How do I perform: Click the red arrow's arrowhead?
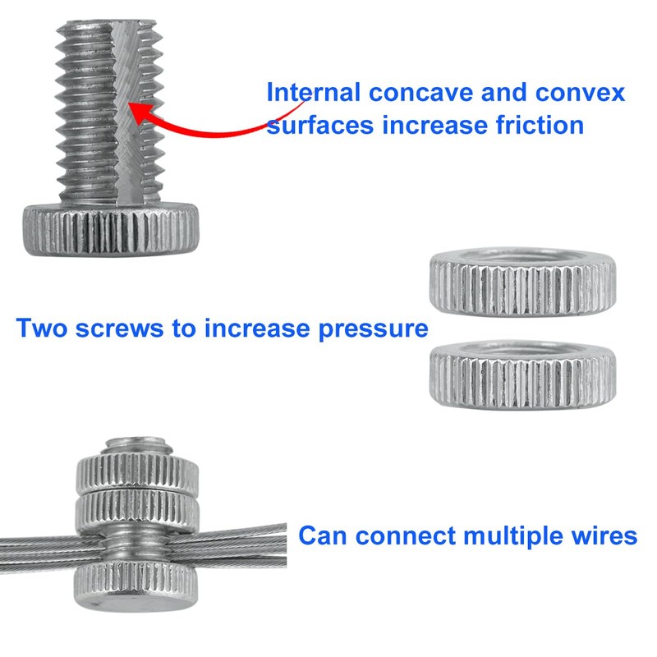(x=140, y=111)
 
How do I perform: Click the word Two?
(x=45, y=328)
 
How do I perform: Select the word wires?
(x=604, y=535)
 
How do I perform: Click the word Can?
(x=324, y=535)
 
